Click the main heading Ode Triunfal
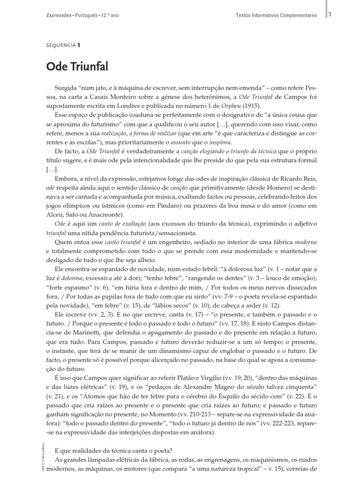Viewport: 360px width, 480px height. click(x=77, y=67)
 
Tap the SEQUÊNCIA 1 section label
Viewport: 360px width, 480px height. click(x=63, y=45)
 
